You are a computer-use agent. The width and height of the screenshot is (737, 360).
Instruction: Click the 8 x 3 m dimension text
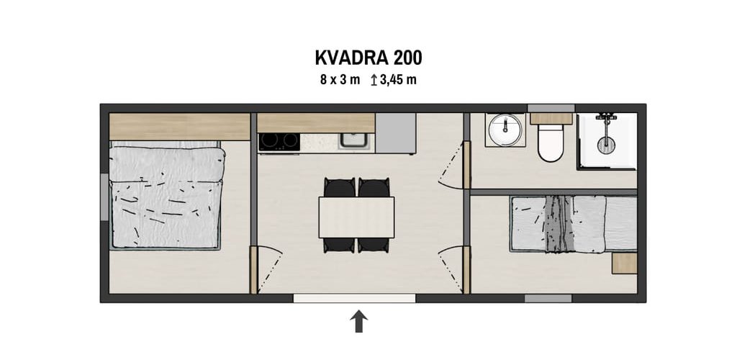340,80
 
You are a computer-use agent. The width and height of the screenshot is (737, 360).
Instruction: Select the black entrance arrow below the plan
358,321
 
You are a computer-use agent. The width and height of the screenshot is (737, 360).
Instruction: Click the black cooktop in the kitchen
279,141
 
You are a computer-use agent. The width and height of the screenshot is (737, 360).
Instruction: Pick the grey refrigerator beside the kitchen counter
396,133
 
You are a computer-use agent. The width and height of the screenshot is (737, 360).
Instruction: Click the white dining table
356,217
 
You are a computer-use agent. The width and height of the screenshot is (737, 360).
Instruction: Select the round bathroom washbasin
505,130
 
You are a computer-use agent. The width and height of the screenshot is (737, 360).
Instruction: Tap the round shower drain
606,144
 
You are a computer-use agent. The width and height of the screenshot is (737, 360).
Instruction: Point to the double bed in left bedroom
166,197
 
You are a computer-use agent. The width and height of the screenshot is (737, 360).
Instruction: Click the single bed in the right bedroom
574,224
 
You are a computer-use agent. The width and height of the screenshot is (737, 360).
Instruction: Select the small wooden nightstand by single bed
624,264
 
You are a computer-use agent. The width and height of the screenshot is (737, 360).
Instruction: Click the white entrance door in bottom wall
354,298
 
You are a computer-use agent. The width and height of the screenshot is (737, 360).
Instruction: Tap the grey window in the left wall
105,197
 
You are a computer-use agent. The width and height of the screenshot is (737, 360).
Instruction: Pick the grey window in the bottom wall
548,298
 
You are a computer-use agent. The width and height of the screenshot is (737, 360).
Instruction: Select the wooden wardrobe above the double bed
179,127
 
